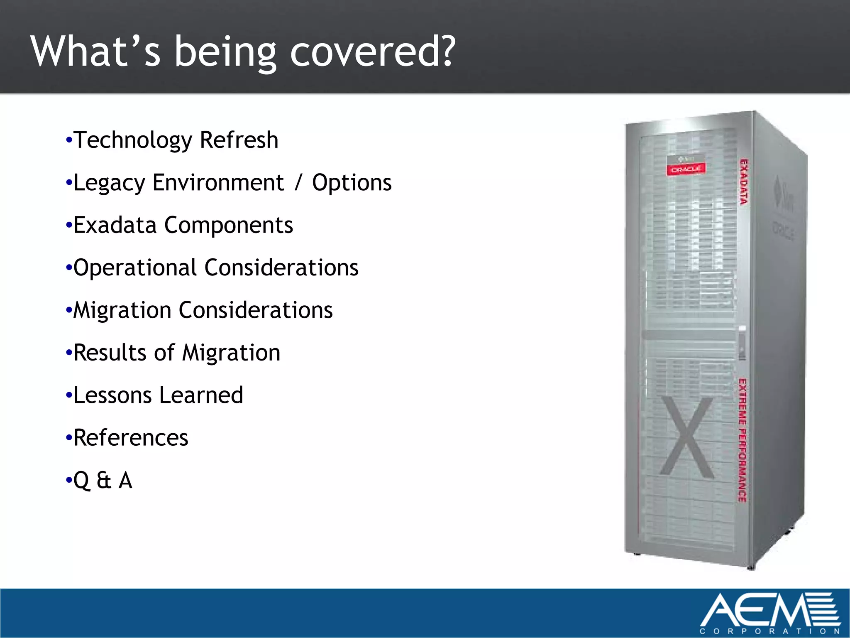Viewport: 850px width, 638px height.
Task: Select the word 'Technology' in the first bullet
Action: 132,140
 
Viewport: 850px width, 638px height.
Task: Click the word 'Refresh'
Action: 239,140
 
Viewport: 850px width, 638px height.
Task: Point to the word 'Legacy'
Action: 109,183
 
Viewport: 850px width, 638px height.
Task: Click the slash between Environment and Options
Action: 298,183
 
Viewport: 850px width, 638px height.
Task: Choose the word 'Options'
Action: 352,183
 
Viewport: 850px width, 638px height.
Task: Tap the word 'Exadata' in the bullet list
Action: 115,226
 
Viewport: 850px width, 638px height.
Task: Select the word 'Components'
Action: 229,226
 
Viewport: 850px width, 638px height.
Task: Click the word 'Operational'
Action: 135,268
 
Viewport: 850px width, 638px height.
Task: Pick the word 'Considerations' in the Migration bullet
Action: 256,311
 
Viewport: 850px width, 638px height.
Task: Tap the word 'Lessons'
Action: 112,395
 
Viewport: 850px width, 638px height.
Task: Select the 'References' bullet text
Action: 131,438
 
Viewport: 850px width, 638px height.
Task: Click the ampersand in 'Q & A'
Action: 104,481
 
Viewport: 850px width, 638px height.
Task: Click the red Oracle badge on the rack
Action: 686,169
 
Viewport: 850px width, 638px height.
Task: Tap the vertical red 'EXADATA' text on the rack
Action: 744,182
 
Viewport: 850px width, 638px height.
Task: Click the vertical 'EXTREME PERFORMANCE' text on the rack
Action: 743,440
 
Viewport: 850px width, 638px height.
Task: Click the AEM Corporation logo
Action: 770,613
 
